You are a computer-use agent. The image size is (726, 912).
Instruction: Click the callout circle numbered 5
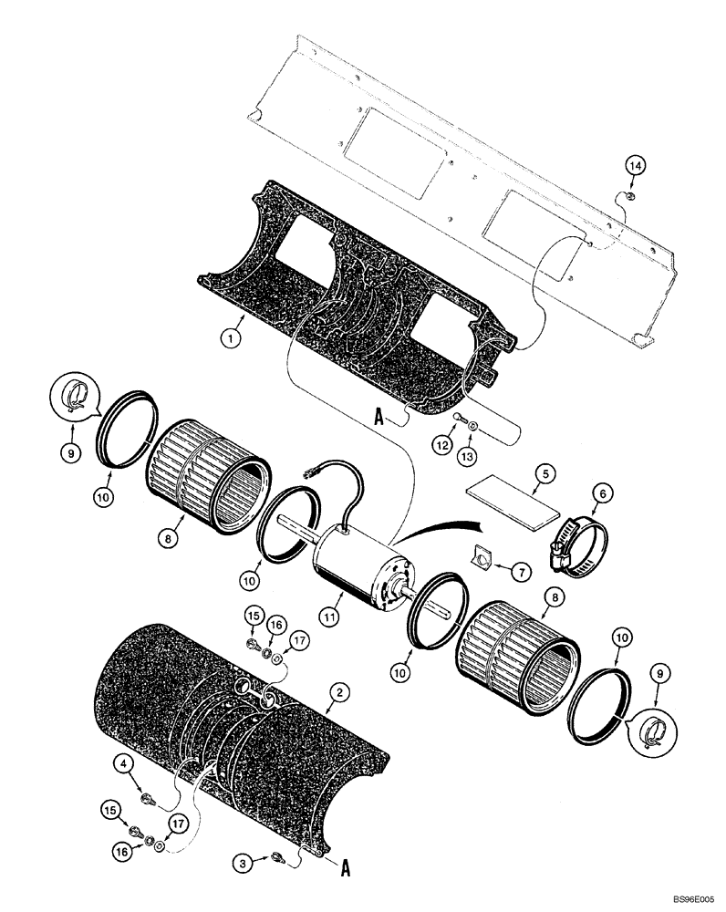pos(544,473)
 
